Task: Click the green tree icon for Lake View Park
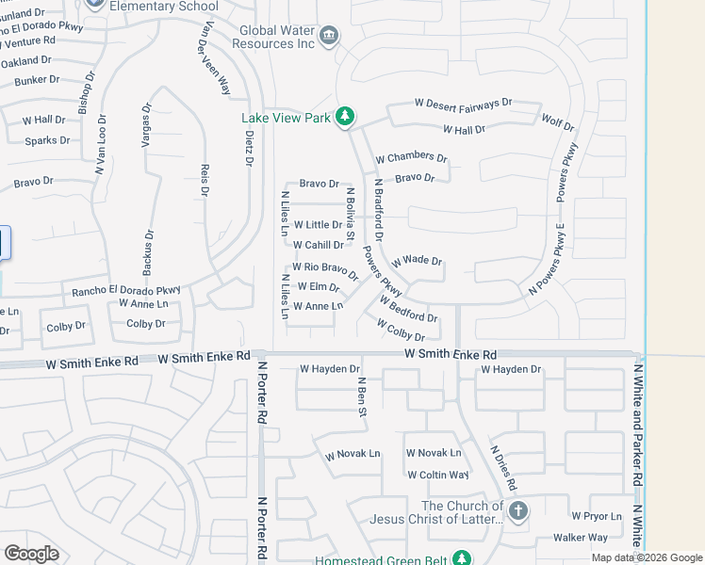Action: click(345, 116)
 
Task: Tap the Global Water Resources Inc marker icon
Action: click(328, 37)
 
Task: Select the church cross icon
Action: click(517, 510)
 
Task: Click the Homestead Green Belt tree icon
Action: click(462, 557)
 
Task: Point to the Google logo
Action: click(31, 553)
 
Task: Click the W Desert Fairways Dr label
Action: click(463, 103)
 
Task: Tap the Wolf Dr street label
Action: click(557, 121)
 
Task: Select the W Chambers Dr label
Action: click(411, 156)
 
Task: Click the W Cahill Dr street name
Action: click(318, 245)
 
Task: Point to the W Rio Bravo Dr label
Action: click(325, 270)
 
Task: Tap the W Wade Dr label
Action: click(418, 260)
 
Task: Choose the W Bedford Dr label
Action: click(409, 310)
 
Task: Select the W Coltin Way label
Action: click(437, 475)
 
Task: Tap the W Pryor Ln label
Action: click(597, 516)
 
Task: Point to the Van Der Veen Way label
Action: click(214, 58)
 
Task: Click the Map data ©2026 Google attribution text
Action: click(646, 557)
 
